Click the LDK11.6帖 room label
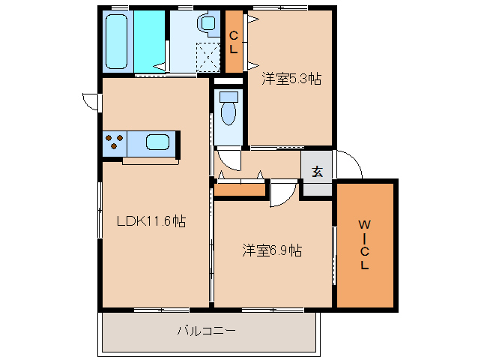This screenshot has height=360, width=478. point(150,221)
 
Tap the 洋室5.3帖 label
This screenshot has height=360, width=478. point(291,79)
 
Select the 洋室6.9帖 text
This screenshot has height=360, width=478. point(271,250)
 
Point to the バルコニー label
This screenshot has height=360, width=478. point(206,329)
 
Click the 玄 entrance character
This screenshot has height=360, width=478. point(317,172)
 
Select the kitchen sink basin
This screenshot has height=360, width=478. point(159,142)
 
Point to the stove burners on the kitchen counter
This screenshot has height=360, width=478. point(115,142)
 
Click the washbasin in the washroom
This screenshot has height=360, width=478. point(206,25)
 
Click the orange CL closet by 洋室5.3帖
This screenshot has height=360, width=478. point(234,42)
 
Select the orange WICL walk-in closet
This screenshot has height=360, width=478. point(364,244)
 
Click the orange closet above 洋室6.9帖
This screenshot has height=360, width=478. point(240,190)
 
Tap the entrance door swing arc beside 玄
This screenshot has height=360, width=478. point(348,165)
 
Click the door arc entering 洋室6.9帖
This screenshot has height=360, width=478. point(281,193)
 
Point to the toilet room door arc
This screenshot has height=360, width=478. point(229,160)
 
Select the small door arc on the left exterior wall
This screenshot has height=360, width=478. point(90,100)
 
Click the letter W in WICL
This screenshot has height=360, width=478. point(363,224)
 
